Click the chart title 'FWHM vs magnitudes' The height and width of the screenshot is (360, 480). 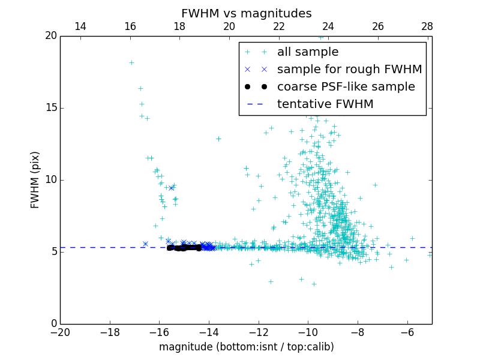point(246,13)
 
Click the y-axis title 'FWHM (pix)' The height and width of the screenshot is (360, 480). point(35,179)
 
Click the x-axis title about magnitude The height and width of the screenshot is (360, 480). point(246,347)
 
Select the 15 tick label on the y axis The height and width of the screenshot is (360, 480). point(50,108)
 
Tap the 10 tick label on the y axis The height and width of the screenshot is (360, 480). point(50,180)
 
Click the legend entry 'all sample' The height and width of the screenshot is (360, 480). point(308,52)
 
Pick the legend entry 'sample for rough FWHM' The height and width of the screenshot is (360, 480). point(349,70)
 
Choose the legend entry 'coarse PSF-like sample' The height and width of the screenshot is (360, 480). point(346,87)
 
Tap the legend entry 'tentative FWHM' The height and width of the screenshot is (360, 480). point(325,104)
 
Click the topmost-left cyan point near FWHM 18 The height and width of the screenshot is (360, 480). point(131,62)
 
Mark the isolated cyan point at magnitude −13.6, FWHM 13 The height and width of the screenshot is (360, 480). point(218,139)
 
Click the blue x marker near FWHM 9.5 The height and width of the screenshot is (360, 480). point(171,188)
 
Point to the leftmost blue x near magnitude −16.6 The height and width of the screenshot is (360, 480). point(145,244)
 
